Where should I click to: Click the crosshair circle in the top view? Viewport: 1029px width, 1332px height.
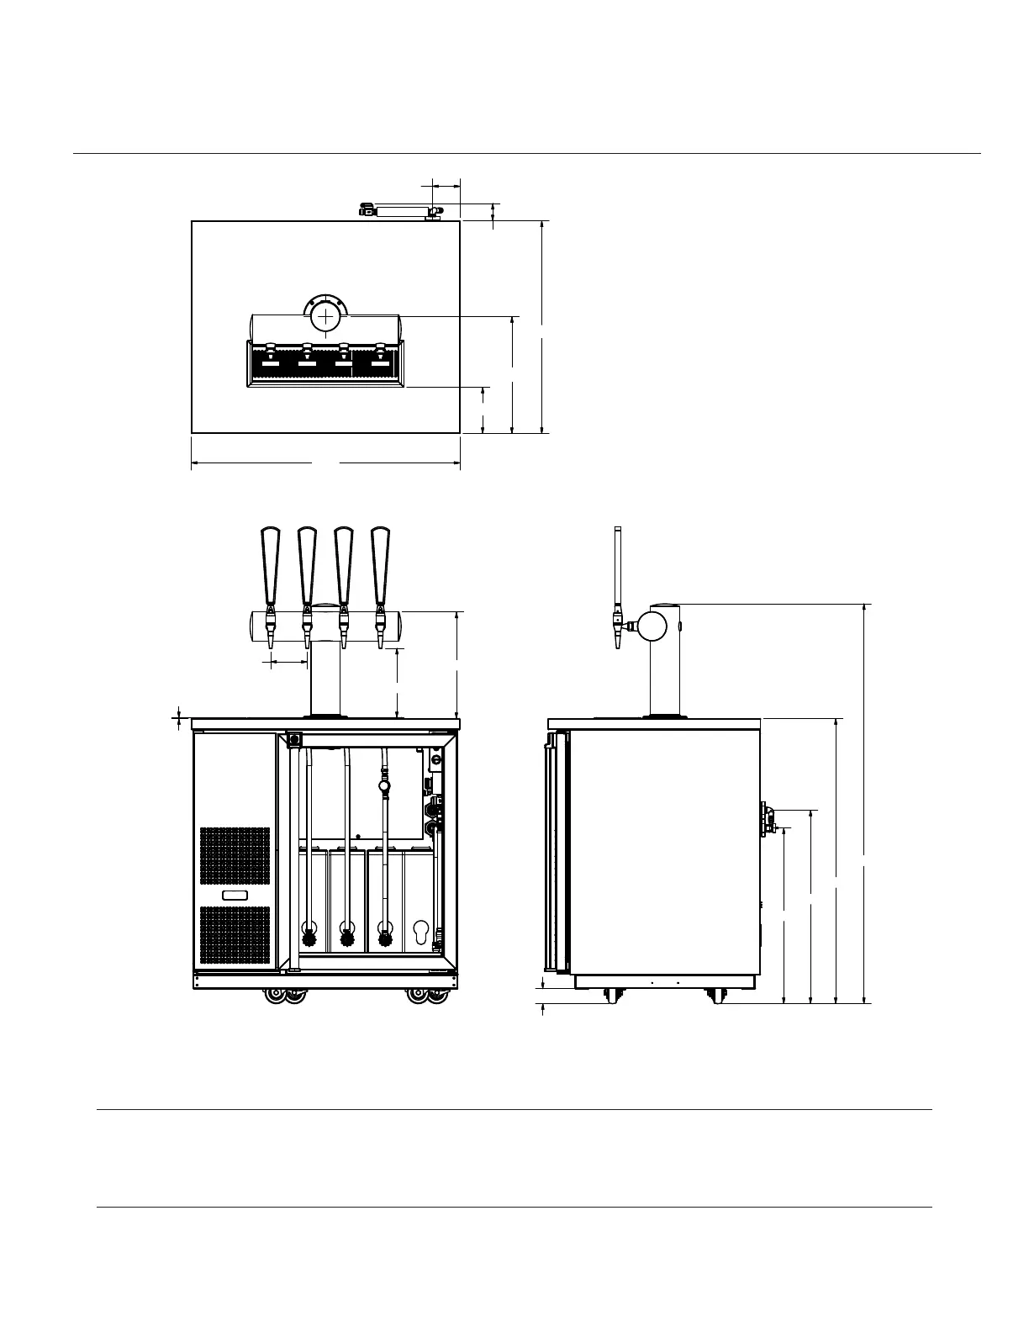(x=326, y=317)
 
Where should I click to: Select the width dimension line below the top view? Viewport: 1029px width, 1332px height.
(x=325, y=462)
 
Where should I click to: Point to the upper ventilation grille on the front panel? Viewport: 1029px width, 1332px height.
(x=235, y=855)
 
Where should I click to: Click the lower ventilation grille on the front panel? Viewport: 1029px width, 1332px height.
(x=235, y=935)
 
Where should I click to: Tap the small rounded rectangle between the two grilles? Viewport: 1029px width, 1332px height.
(x=235, y=895)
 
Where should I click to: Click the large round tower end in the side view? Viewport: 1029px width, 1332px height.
(x=652, y=625)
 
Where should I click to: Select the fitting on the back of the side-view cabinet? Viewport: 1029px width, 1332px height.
(x=767, y=818)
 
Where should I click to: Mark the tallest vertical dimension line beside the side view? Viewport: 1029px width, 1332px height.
(x=865, y=803)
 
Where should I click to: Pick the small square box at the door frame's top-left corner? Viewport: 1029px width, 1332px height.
(x=294, y=740)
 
